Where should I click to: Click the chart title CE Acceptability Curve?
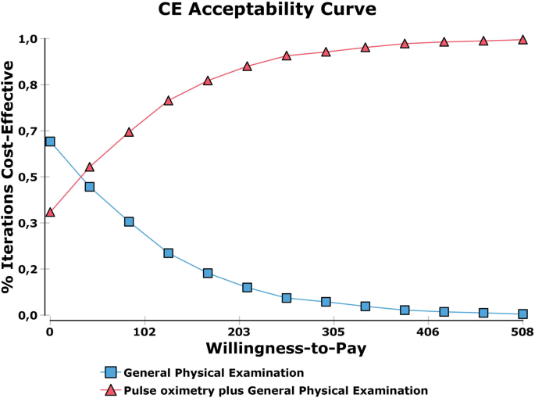(x=267, y=11)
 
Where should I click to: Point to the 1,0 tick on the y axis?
(x=29, y=39)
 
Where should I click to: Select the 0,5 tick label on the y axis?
(x=29, y=177)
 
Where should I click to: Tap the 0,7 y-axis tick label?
(x=29, y=131)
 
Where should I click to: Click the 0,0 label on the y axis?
(x=29, y=315)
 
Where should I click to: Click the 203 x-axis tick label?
(x=239, y=332)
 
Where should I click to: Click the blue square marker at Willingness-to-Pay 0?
(x=50, y=142)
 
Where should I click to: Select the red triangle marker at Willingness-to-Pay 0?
(x=50, y=213)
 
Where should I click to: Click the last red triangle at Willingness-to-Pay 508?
(x=523, y=39)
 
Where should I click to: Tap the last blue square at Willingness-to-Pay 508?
(x=523, y=314)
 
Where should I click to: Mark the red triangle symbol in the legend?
(x=111, y=389)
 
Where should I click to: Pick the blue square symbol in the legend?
(x=111, y=373)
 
